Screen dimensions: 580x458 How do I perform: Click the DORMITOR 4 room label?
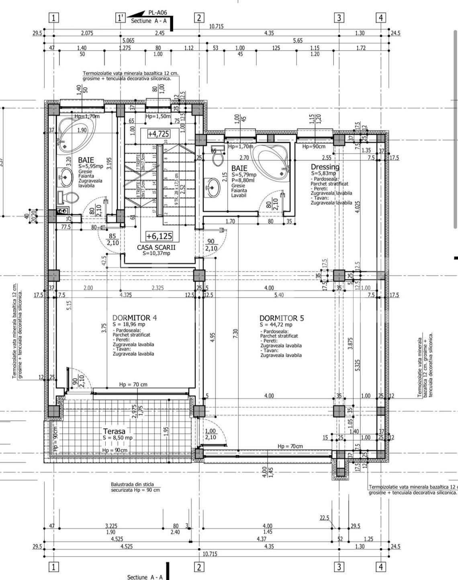tap(135, 318)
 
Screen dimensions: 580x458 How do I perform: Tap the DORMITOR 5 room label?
tap(282, 318)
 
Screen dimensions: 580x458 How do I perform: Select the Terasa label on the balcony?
tap(114, 432)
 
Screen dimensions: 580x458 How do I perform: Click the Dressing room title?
tap(325, 167)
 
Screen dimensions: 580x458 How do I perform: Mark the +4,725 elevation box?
tap(158, 134)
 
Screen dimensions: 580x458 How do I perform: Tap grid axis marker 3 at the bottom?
tap(339, 566)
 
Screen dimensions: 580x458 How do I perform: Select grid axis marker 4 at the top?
tap(381, 18)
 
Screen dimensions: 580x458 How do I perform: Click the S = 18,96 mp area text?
tap(129, 324)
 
